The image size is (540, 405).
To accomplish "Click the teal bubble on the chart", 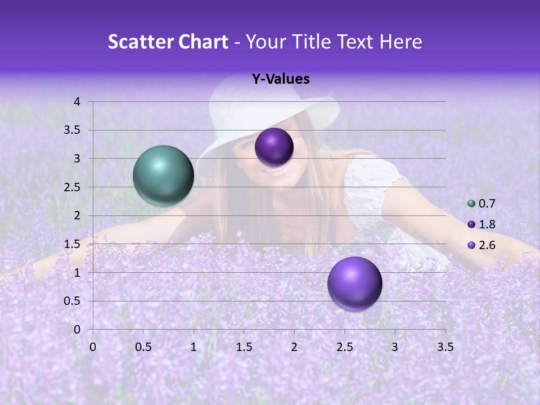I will click(x=163, y=175).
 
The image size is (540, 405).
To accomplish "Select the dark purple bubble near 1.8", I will click(x=274, y=147).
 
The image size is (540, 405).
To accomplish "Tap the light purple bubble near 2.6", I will click(x=354, y=283).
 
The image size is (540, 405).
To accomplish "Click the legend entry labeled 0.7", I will click(x=481, y=204).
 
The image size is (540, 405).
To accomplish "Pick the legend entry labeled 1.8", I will click(x=481, y=224).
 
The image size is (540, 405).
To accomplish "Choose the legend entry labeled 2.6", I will click(x=481, y=245).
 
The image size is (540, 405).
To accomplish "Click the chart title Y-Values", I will click(x=280, y=79).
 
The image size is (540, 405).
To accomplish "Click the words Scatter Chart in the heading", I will click(x=168, y=42).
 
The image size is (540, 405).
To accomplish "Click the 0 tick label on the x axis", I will click(x=93, y=347).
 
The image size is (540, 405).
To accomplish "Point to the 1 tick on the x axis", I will click(x=193, y=347).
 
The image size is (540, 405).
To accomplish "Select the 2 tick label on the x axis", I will click(x=294, y=347).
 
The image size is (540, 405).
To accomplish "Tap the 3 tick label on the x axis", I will click(x=395, y=347).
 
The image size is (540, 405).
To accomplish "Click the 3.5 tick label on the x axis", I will click(x=445, y=347).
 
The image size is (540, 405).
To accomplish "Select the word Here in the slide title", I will click(x=400, y=42).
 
